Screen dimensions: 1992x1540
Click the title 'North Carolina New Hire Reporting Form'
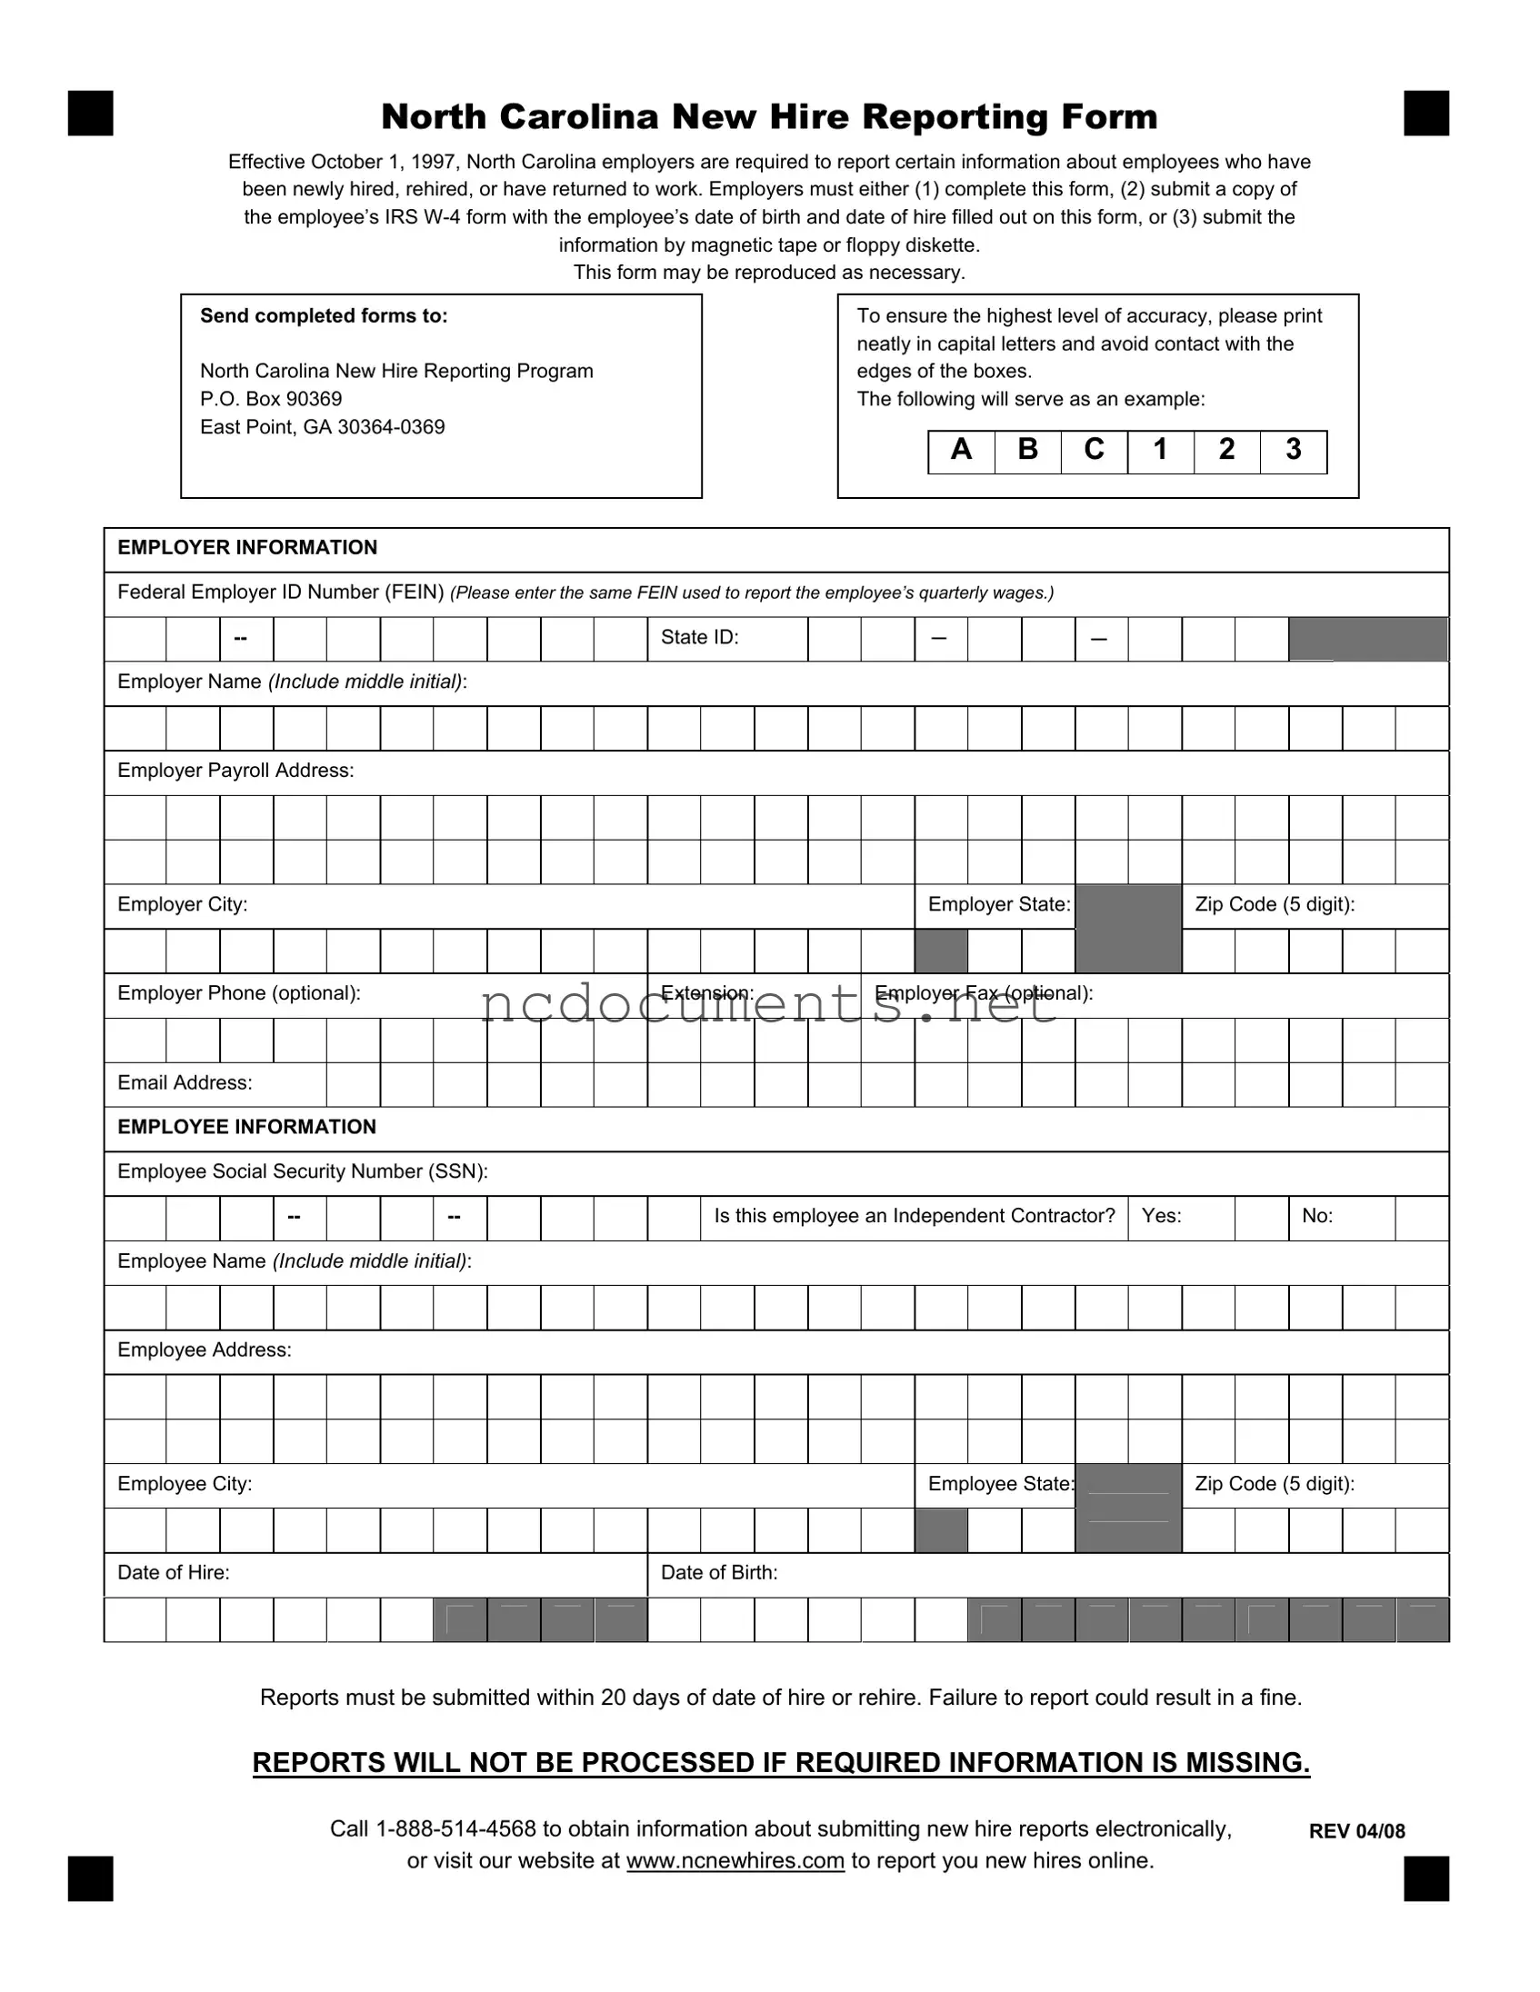[769, 116]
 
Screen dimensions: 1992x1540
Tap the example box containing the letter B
[1027, 452]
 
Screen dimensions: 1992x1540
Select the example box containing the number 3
[1293, 452]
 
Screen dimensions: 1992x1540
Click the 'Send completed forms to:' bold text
[324, 315]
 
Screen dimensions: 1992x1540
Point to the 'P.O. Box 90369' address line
[271, 399]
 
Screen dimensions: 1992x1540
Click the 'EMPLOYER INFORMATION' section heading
[247, 547]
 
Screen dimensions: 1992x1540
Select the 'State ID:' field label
[700, 638]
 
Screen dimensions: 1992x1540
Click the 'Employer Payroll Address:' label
[235, 771]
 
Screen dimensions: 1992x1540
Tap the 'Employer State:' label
[999, 905]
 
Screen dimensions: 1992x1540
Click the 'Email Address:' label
[185, 1082]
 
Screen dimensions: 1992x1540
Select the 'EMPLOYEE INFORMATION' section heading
[246, 1128]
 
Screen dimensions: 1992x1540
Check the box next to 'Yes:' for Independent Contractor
[1262, 1218]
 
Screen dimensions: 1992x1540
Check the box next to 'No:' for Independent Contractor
[1422, 1218]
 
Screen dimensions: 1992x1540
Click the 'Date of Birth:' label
[719, 1572]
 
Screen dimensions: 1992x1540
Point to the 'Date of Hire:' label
[174, 1572]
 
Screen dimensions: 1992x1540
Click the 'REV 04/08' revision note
[1356, 1831]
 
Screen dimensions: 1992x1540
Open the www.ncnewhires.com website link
[735, 1860]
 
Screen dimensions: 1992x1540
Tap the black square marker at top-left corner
[90, 113]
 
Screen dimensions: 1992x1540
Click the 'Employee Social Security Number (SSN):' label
[303, 1171]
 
